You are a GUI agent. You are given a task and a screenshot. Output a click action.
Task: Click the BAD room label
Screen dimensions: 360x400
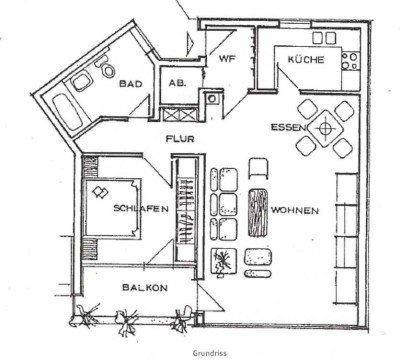(130, 85)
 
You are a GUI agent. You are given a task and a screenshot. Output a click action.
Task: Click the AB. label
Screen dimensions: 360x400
(178, 85)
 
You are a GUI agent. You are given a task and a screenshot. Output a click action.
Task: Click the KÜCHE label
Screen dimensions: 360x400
(304, 60)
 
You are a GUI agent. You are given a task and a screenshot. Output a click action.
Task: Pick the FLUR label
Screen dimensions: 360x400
(180, 139)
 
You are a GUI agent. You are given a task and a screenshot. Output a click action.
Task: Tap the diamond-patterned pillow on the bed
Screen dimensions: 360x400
(98, 191)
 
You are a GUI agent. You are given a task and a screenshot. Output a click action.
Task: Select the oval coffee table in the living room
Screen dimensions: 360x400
(257, 210)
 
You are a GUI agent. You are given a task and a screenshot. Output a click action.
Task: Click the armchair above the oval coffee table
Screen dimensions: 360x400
(257, 169)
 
